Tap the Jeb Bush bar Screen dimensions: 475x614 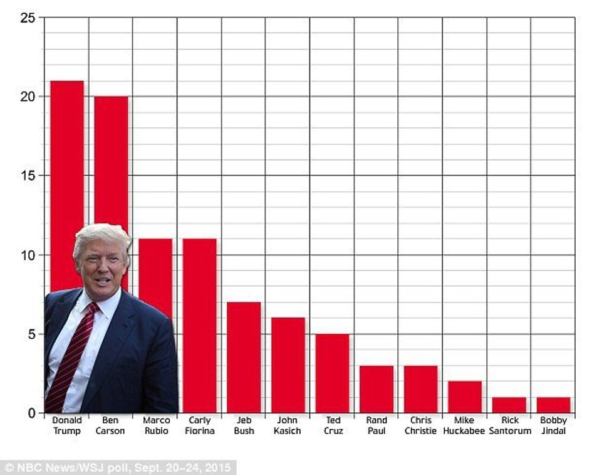244,358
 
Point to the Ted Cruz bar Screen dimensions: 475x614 332,373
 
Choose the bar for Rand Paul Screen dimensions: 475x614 377,389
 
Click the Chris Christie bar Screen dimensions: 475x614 420,389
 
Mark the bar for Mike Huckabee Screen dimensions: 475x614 465,397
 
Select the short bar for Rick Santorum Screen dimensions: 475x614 509,405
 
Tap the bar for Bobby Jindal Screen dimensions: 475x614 553,405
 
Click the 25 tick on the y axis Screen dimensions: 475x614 27,18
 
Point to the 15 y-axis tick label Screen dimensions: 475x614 27,176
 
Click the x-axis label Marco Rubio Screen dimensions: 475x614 156,425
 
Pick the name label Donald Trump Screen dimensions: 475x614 66,425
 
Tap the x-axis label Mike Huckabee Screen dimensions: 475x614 464,425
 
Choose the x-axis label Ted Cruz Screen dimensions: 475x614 333,425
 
